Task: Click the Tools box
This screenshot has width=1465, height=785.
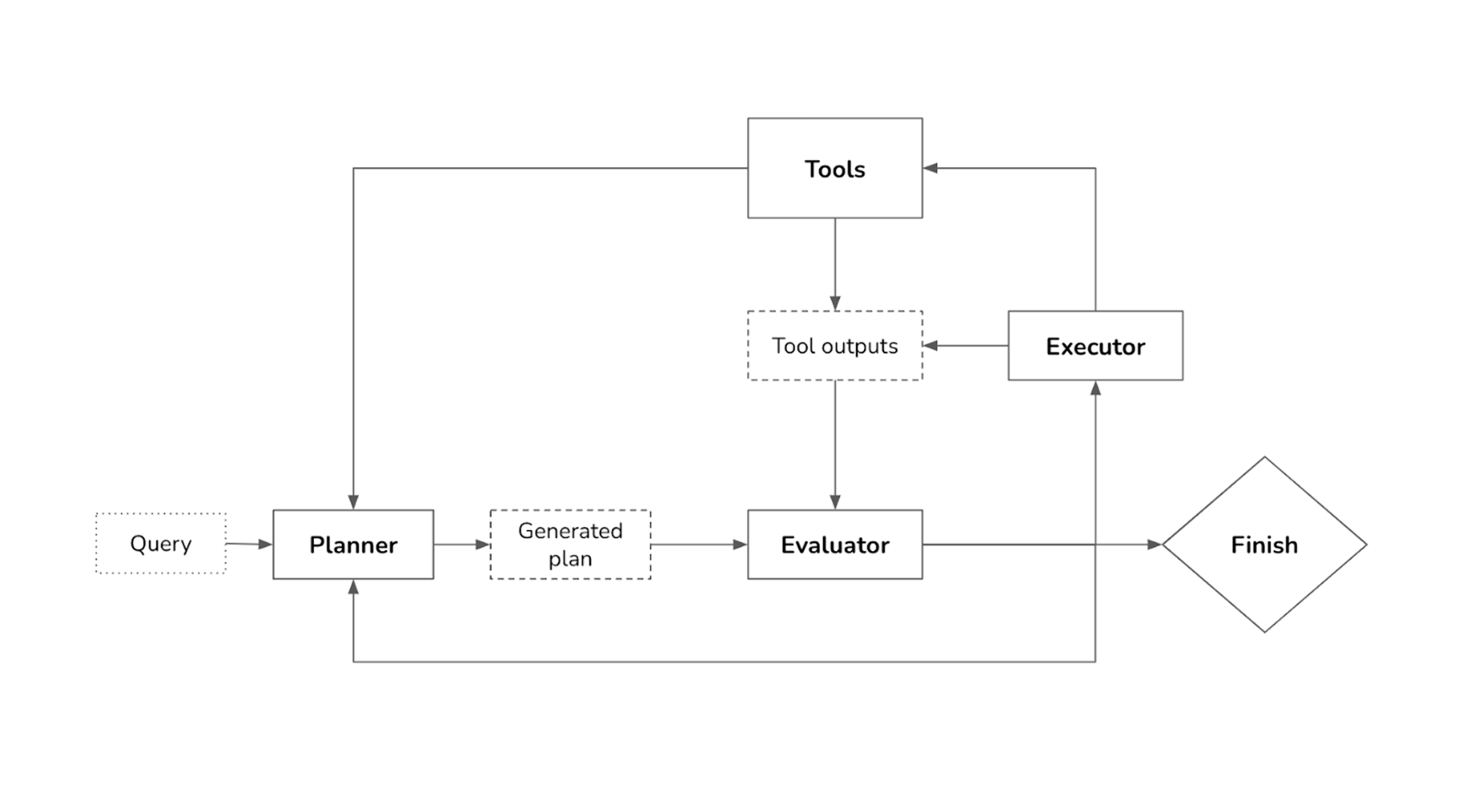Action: click(834, 168)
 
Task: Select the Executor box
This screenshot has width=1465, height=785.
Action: click(1095, 345)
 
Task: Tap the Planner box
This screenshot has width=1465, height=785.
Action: click(353, 544)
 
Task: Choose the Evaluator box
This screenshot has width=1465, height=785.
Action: click(834, 544)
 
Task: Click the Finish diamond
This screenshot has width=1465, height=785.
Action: click(1263, 544)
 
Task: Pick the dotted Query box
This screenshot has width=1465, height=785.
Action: click(161, 543)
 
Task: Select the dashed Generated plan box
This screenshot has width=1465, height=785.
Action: click(570, 544)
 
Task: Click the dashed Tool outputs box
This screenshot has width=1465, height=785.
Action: click(834, 345)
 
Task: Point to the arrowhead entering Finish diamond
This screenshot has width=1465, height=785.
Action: click(1154, 544)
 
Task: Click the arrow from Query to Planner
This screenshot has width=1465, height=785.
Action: click(249, 544)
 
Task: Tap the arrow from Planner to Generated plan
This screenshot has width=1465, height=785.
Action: click(461, 544)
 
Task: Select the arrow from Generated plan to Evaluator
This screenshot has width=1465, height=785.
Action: click(698, 544)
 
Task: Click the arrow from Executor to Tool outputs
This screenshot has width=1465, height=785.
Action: click(965, 345)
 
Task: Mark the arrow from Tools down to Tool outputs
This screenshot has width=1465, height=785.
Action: click(834, 264)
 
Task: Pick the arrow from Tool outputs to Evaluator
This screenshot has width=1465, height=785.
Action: click(834, 444)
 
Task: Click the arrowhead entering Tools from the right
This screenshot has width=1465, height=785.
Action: click(931, 168)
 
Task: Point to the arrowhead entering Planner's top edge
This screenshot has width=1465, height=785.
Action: click(353, 502)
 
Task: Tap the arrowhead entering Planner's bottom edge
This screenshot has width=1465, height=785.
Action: click(353, 587)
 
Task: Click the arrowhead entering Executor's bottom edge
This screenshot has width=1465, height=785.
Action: click(1095, 389)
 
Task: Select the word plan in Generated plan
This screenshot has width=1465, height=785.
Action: click(570, 559)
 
